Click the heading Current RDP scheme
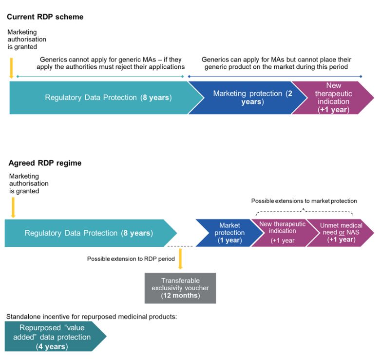tap(45, 17)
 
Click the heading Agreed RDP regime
tap(45, 163)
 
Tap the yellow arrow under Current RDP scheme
tap(11, 68)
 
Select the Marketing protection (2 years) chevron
tap(248, 98)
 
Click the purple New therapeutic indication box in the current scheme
tap(333, 98)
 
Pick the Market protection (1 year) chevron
tap(229, 233)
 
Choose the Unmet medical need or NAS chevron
tap(341, 233)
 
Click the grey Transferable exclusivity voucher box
tap(180, 288)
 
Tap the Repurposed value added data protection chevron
tap(56, 337)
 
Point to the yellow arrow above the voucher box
tap(180, 259)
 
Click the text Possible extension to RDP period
tap(131, 259)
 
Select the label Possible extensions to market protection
tap(304, 201)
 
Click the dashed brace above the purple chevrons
tap(304, 211)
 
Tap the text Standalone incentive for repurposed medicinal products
tap(92, 317)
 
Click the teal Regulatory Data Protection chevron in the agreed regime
tap(91, 233)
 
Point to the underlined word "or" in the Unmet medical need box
tap(342, 233)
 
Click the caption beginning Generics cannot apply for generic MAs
tap(111, 63)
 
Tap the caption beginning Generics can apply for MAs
tap(276, 63)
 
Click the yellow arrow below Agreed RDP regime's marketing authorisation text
tap(13, 207)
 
